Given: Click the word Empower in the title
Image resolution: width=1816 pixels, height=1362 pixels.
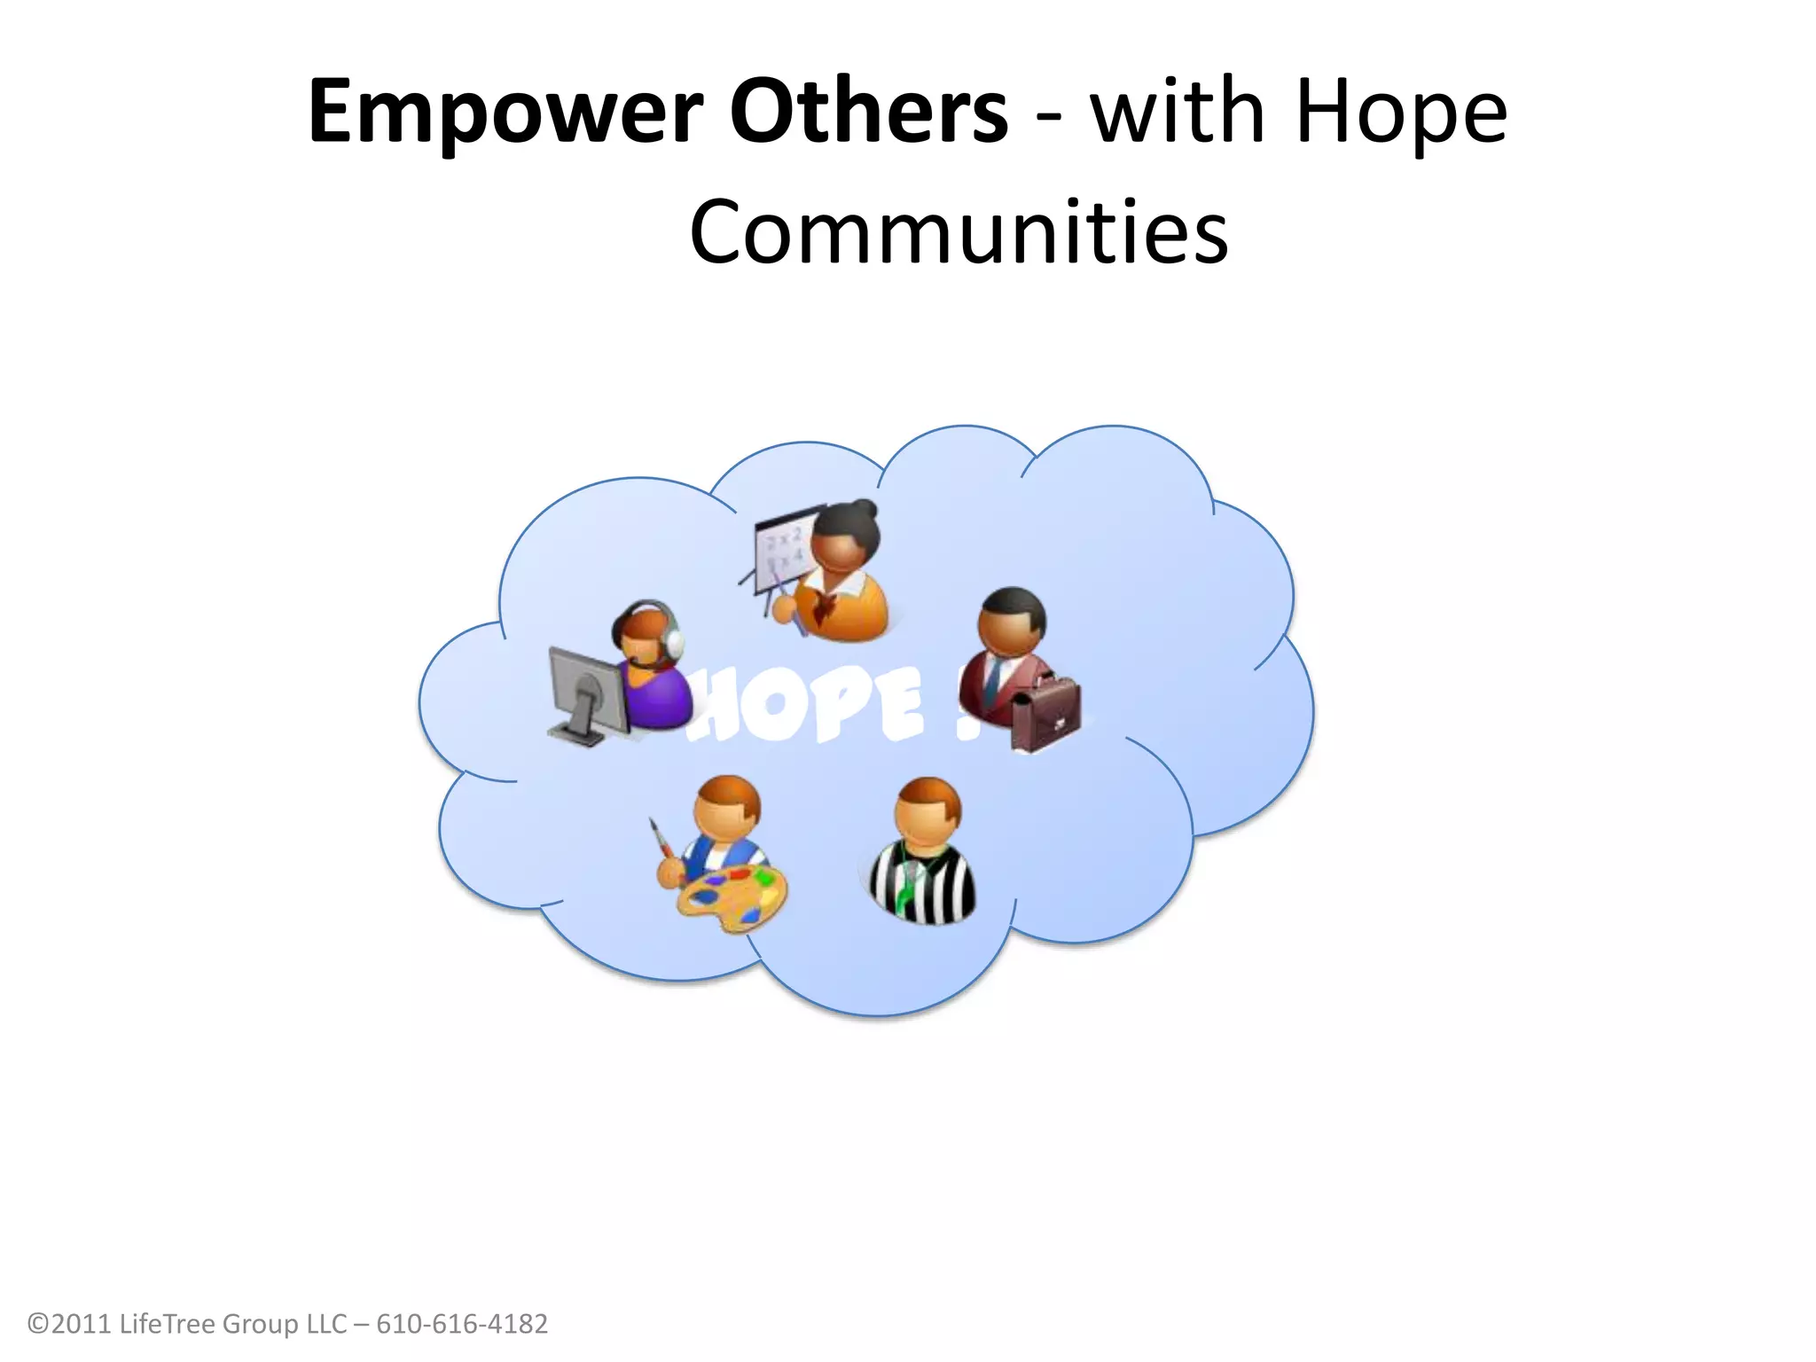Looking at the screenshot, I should (x=505, y=113).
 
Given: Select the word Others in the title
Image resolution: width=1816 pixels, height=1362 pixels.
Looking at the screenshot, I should (x=868, y=112).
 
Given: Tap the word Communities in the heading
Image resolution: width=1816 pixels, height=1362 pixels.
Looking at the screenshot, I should (x=959, y=232).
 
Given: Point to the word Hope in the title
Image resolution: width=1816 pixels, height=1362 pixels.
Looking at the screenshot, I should (x=1400, y=113).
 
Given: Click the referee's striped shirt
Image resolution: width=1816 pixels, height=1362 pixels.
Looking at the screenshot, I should (x=922, y=883).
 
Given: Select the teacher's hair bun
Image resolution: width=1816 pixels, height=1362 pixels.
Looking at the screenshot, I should (x=863, y=510).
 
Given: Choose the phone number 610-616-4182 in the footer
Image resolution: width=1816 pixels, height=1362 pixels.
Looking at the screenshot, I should (x=462, y=1323).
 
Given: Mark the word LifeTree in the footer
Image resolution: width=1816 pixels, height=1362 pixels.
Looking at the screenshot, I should (x=167, y=1323).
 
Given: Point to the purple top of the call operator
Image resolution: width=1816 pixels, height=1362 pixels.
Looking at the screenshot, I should (x=656, y=697).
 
